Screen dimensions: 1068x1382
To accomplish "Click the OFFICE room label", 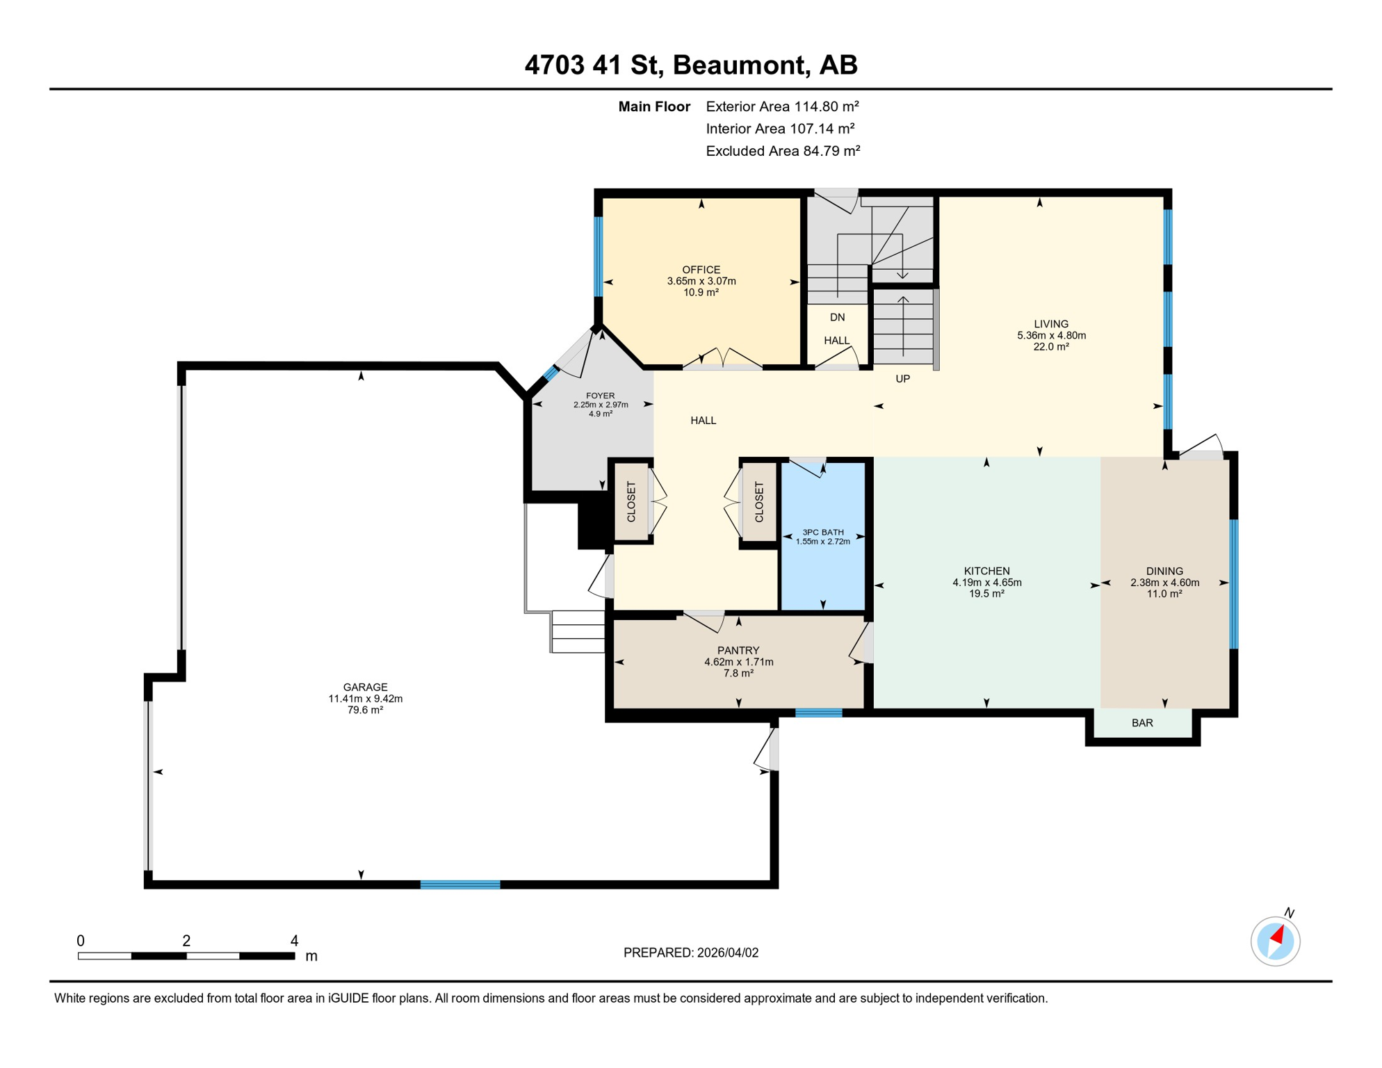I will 701,270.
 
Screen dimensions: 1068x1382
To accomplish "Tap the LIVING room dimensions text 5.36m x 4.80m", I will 1050,335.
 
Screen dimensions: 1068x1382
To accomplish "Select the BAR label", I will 1141,723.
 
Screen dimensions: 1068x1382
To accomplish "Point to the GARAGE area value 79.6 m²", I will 365,710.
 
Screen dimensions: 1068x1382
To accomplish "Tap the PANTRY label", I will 738,650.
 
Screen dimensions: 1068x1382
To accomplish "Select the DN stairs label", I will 837,317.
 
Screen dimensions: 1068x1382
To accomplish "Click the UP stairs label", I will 902,379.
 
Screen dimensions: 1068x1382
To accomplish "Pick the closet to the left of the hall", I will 631,501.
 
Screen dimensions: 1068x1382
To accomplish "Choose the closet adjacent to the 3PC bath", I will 758,501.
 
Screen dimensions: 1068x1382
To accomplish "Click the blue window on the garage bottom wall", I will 460,884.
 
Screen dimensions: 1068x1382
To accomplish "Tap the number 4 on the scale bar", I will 294,941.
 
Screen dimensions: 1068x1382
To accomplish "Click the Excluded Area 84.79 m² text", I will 783,151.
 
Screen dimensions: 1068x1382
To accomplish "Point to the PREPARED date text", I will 690,953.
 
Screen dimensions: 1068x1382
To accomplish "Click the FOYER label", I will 600,396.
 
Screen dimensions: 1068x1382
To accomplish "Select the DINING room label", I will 1164,571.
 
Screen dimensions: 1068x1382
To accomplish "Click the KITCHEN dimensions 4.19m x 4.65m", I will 986,583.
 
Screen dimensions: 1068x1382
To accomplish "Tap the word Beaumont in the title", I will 740,65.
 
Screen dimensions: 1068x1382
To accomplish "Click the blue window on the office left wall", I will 598,257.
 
